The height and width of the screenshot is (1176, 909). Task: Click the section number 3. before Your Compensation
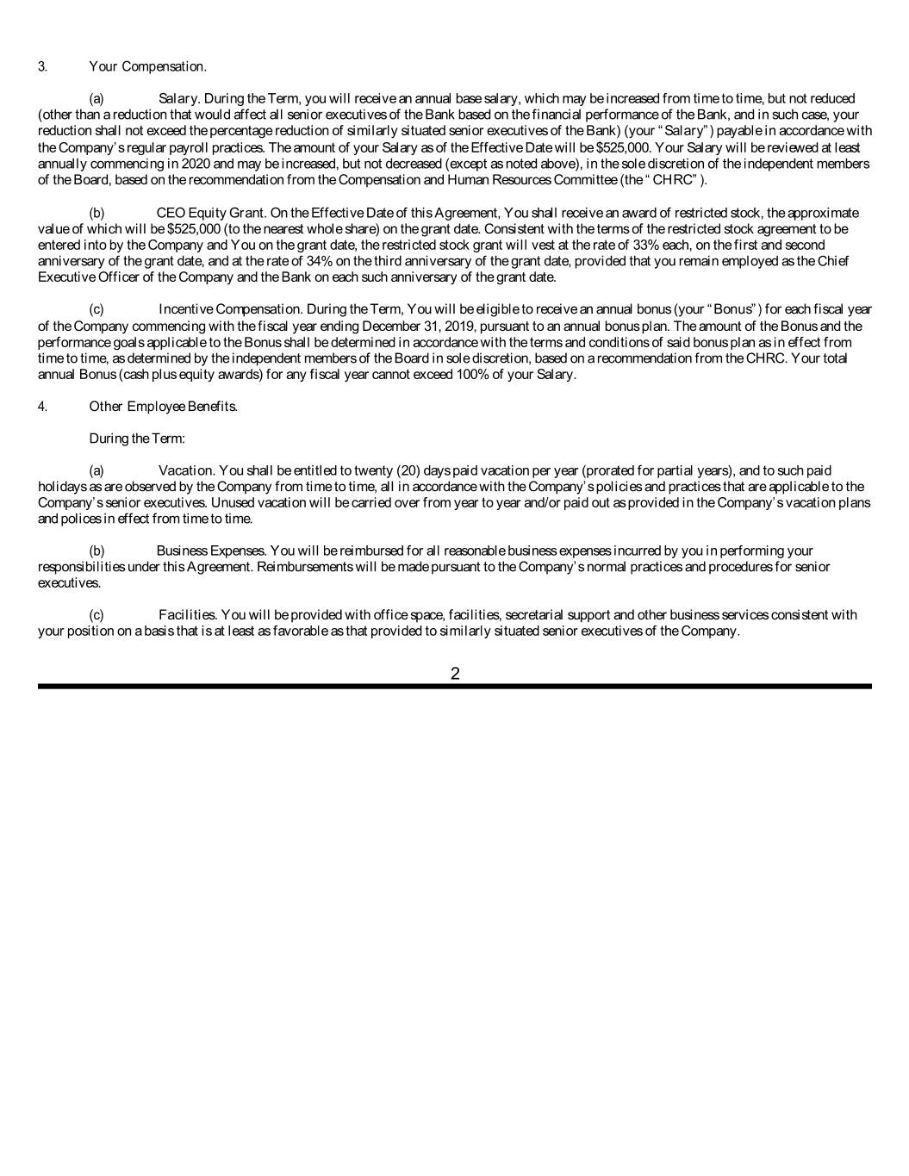(42, 66)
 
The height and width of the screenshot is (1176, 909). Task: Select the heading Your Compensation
(147, 66)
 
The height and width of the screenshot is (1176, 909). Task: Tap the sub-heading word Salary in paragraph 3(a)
(179, 98)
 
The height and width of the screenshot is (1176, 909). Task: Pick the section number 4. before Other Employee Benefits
(42, 406)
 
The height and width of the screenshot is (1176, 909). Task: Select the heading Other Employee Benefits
(163, 406)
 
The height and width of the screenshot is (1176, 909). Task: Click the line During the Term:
(137, 439)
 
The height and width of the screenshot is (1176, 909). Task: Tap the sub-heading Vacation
(187, 470)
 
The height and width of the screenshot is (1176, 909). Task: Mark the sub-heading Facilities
(188, 614)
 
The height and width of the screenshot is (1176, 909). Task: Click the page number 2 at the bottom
(455, 674)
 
